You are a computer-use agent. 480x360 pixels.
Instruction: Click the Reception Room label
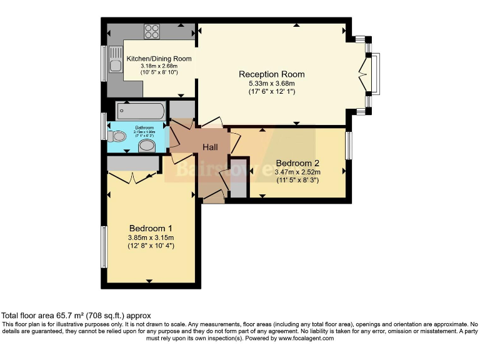click(267, 74)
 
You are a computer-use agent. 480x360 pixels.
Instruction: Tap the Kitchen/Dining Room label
click(159, 59)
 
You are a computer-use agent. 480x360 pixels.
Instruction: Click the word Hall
click(209, 147)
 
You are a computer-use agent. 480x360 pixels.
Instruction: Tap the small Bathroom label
click(143, 127)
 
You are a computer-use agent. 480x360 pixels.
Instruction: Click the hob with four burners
click(152, 31)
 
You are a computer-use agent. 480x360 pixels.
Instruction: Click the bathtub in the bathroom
click(141, 111)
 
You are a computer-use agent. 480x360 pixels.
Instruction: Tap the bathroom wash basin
click(147, 146)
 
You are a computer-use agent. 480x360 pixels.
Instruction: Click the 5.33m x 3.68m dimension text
click(267, 83)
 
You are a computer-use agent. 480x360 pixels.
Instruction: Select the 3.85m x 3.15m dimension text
click(151, 237)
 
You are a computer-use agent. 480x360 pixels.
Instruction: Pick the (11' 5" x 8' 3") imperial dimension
click(298, 181)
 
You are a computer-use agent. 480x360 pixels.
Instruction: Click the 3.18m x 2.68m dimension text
click(159, 66)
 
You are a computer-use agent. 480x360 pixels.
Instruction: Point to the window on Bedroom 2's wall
click(348, 145)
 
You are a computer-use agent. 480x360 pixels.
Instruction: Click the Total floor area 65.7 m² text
click(76, 316)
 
